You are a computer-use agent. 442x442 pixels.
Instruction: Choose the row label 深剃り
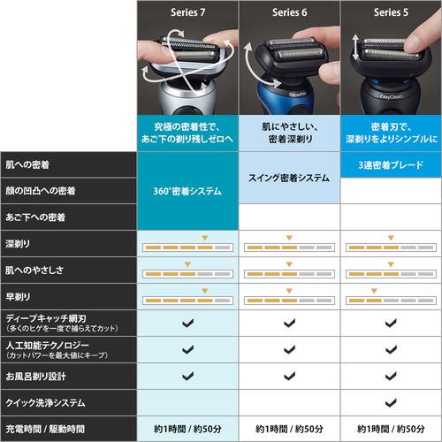[x=17, y=242]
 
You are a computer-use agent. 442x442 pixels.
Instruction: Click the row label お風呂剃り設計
[x=35, y=376]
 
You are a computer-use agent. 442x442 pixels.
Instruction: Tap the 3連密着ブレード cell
[x=390, y=164]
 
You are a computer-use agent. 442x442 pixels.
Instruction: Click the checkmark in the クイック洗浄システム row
[x=390, y=403]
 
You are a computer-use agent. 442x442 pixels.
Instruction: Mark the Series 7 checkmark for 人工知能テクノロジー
[x=187, y=349]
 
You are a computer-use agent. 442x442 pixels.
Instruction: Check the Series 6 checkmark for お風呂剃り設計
[x=289, y=376]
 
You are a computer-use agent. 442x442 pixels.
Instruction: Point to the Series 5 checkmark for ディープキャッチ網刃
[x=390, y=324]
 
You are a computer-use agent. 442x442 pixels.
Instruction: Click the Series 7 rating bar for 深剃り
[x=187, y=246]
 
